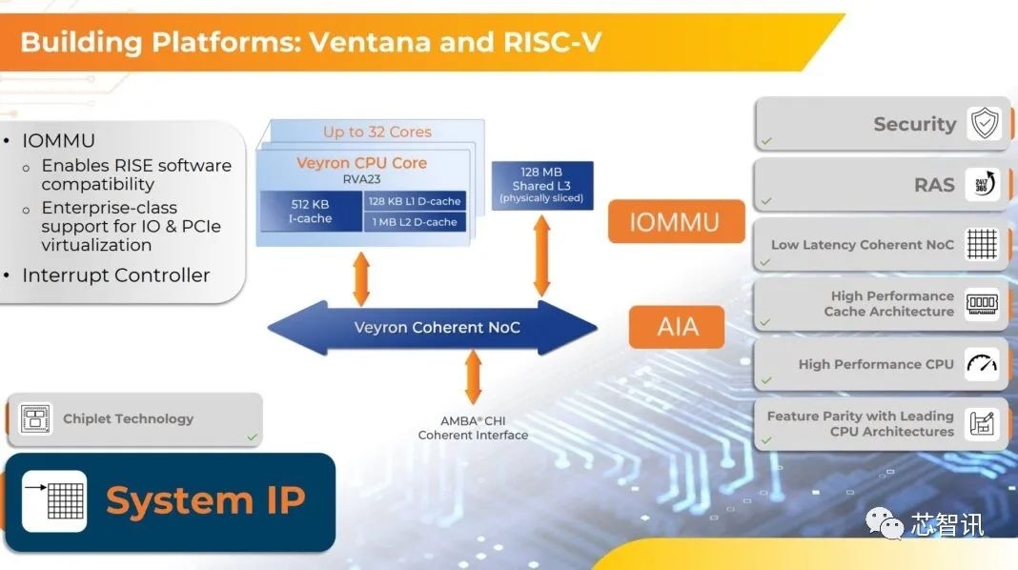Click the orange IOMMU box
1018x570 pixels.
pos(676,222)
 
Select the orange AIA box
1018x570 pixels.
pos(677,328)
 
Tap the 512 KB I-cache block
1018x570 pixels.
pos(311,211)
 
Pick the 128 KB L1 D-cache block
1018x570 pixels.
pos(415,201)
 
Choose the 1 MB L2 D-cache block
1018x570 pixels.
pos(415,222)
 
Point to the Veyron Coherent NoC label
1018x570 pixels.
pos(438,328)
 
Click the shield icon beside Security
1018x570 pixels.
pos(984,124)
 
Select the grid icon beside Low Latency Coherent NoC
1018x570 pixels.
pos(982,245)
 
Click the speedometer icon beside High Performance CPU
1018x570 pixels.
pos(982,363)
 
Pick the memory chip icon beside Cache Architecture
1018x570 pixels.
pos(982,304)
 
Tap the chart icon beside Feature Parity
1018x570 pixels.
pos(982,423)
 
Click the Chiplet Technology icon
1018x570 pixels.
pos(35,418)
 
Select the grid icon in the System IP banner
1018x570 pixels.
pos(54,500)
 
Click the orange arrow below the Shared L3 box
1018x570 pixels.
pos(542,255)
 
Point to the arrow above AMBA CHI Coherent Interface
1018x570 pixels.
pos(474,377)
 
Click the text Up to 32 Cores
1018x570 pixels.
pos(377,132)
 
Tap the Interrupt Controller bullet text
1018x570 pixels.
pos(115,275)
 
